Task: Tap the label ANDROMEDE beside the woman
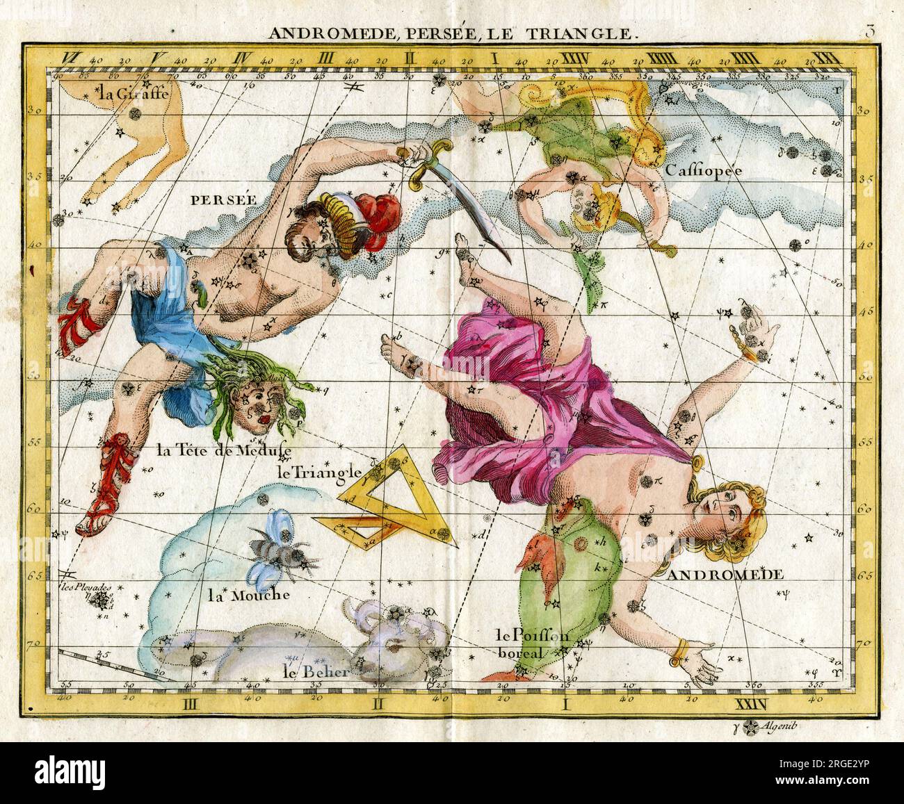tap(726, 575)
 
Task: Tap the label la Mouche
tap(249, 595)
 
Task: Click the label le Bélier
tap(316, 671)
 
